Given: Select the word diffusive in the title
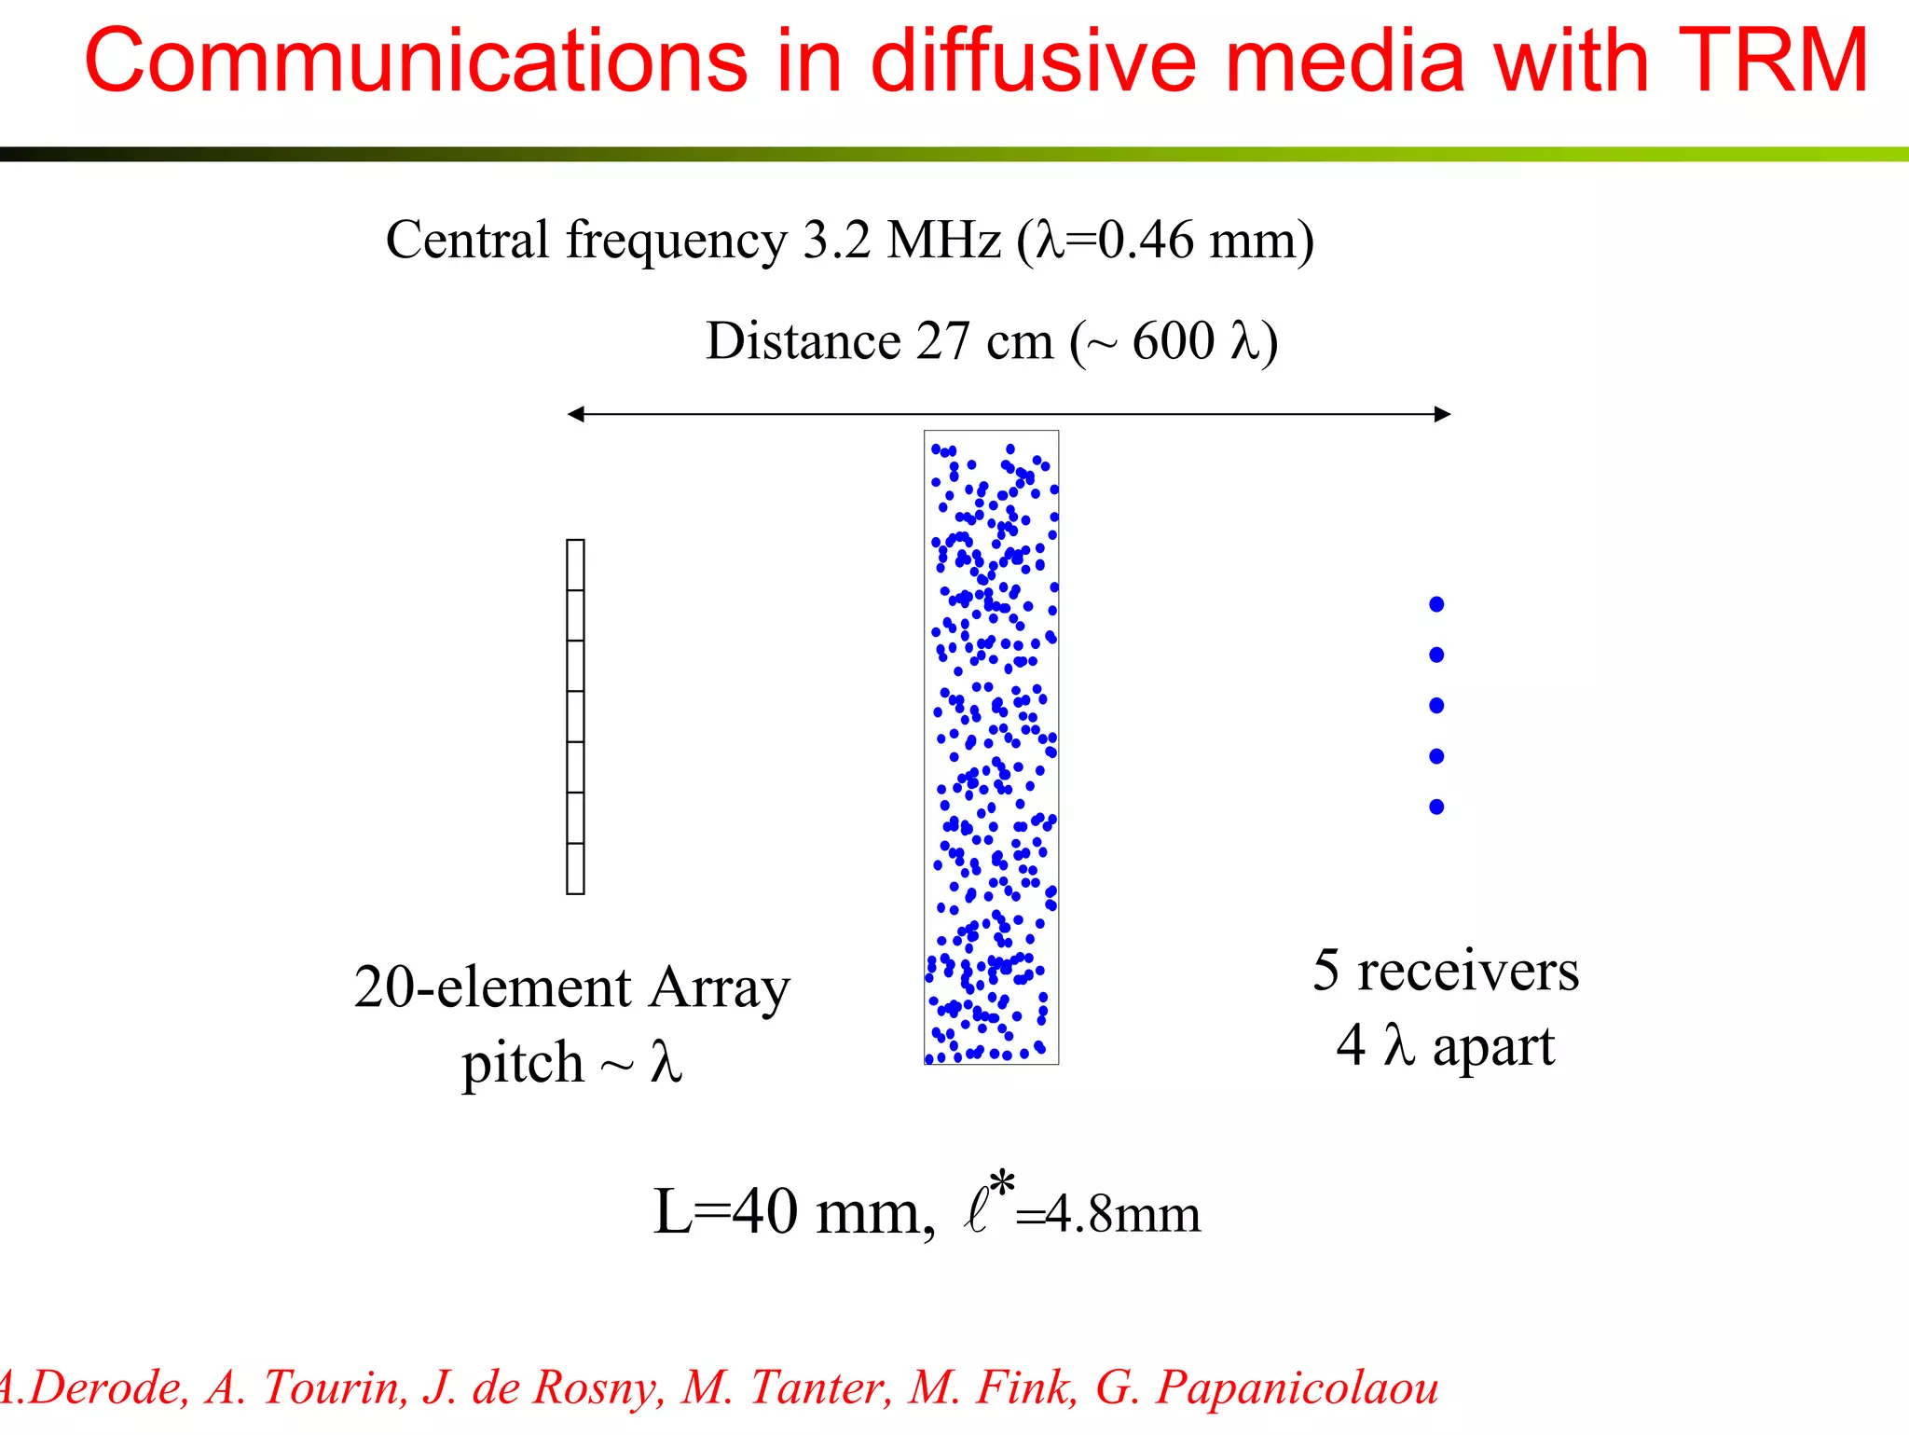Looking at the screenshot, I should coord(1033,61).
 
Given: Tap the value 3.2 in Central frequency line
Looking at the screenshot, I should coord(836,240).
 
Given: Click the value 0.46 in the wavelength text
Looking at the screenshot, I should coord(1145,240).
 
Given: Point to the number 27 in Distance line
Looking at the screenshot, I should coord(942,340).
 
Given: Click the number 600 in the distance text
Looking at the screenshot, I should coord(1173,340).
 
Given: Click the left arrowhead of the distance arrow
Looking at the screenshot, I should coord(576,414).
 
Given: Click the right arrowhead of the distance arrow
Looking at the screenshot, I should coord(1442,414).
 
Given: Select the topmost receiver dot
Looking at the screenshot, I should coord(1436,604).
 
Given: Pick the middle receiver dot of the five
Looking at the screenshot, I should coord(1436,705).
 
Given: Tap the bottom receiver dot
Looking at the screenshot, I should coord(1436,807).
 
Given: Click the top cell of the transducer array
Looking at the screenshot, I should coord(575,565).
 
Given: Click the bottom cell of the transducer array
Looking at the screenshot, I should coord(575,869).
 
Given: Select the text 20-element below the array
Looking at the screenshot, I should coord(492,987).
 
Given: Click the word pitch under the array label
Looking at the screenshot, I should coord(522,1063).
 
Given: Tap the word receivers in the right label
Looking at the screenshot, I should coord(1467,971).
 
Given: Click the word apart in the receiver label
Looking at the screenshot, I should coord(1493,1046).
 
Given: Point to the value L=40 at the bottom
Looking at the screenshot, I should coord(725,1212).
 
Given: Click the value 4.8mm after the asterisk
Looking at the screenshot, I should coord(1122,1215).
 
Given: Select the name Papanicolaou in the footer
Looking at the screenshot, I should coord(1297,1387).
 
